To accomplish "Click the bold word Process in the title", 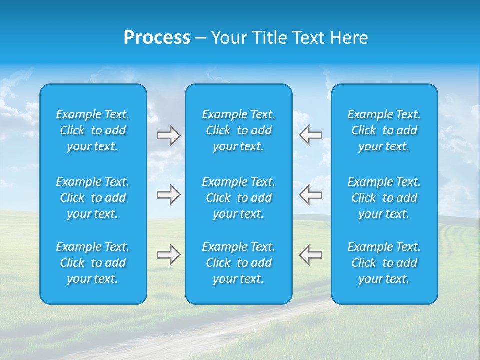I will point(157,38).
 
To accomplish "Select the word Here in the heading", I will point(348,38).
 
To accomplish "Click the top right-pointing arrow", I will point(168,135).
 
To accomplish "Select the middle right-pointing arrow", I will point(168,195).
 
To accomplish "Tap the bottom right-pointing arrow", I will point(168,255).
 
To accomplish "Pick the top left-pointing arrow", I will point(310,135).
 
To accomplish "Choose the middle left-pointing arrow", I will point(310,195).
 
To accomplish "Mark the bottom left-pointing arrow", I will point(310,255).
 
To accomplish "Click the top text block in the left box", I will point(93,130).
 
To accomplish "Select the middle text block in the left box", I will point(93,198).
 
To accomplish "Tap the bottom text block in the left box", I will point(93,263).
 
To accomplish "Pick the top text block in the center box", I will point(239,130).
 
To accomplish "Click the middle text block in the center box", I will point(239,198).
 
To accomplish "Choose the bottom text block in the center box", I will point(239,263).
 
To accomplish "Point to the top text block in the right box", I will point(384,130).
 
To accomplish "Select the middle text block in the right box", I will point(384,198).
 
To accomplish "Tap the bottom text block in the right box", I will point(384,263).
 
